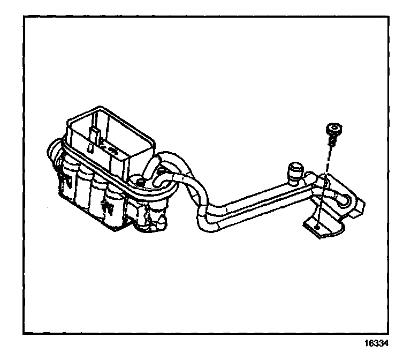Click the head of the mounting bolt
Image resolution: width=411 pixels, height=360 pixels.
click(x=333, y=129)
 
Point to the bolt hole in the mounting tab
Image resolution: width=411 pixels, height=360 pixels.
click(x=318, y=227)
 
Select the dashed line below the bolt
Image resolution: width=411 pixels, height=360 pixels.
click(x=325, y=182)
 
